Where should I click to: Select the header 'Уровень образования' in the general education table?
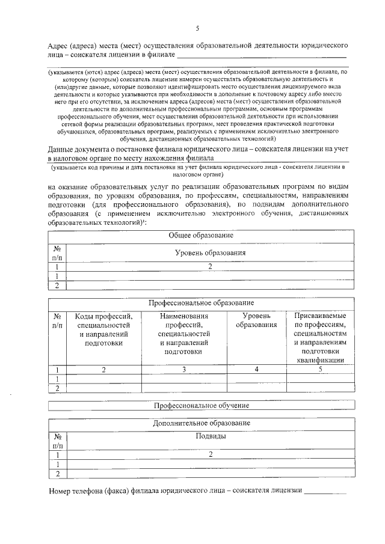tap(210, 253)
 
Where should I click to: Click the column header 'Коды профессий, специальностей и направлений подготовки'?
tap(103, 329)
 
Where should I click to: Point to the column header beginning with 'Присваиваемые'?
tap(320, 337)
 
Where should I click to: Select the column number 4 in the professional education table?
tap(257, 370)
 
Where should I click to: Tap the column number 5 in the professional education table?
tap(321, 370)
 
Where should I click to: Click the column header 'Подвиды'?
tap(211, 436)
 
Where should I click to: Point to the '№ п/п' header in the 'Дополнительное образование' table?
tap(58, 441)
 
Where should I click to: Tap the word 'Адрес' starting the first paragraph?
tap(59, 46)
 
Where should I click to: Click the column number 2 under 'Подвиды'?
tap(211, 455)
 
